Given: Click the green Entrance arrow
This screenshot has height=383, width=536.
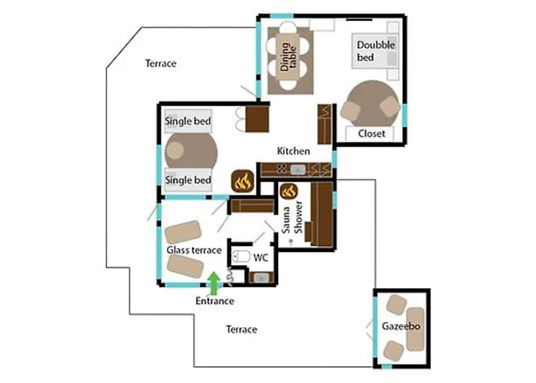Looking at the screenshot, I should click(214, 283).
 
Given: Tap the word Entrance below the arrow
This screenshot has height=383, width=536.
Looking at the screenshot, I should click(214, 301).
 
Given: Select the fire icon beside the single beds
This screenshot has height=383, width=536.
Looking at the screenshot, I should click(243, 182).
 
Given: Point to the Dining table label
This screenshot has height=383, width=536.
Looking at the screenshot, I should click(289, 57).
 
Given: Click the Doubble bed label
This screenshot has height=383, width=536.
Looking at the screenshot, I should click(376, 51).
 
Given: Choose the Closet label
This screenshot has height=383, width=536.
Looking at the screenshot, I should click(372, 134).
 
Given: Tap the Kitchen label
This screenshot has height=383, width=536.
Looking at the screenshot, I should click(293, 151).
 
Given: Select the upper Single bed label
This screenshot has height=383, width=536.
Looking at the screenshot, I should click(188, 121).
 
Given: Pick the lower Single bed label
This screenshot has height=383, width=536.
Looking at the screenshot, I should click(188, 180).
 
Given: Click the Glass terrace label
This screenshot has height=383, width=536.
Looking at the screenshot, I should click(194, 250).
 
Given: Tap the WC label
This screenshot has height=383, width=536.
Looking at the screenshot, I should click(260, 257).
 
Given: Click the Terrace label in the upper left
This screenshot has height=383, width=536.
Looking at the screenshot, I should click(161, 64).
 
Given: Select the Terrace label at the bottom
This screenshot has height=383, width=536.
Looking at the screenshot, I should click(241, 329).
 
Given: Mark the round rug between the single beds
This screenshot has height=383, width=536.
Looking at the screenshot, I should click(190, 151).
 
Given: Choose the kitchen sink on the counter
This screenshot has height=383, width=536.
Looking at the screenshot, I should click(300, 169).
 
